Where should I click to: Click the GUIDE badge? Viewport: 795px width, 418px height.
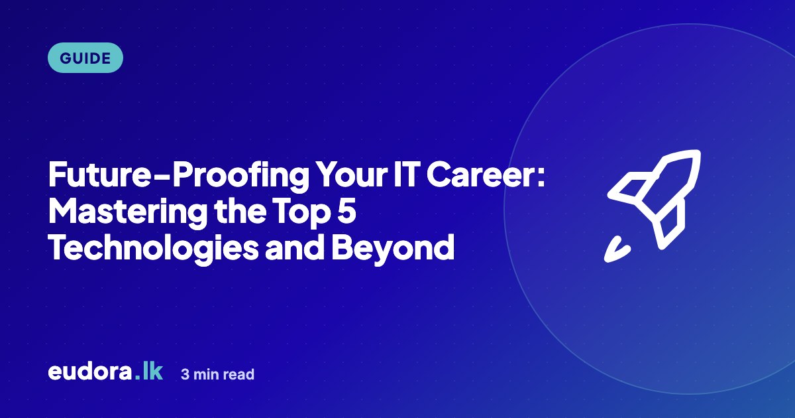pyautogui.click(x=85, y=58)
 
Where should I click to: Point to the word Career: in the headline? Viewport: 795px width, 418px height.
pyautogui.click(x=486, y=174)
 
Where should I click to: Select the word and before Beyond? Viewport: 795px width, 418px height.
pyautogui.click(x=295, y=247)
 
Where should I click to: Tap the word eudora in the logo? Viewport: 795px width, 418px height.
pyautogui.click(x=90, y=372)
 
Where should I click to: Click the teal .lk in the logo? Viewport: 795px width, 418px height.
pyautogui.click(x=148, y=372)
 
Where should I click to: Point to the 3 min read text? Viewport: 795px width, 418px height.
pyautogui.click(x=217, y=374)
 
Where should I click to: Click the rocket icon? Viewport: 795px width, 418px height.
pyautogui.click(x=653, y=206)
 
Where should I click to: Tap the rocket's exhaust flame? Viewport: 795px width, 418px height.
pyautogui.click(x=616, y=250)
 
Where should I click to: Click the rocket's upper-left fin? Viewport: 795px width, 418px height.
pyautogui.click(x=628, y=186)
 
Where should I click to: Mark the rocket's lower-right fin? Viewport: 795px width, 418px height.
pyautogui.click(x=670, y=226)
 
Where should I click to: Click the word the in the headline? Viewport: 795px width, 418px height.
pyautogui.click(x=240, y=211)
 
